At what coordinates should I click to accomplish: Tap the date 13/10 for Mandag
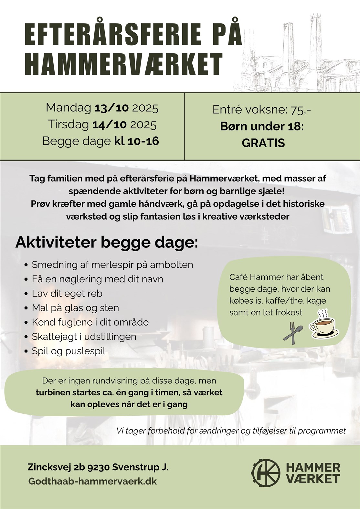pos(111,108)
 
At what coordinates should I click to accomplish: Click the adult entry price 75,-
pos(301,110)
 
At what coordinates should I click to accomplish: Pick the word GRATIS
pos(263,143)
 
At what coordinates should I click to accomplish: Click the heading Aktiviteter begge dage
pos(107,242)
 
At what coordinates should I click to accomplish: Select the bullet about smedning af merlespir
pos(112,265)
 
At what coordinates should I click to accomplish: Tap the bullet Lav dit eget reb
pos(67,294)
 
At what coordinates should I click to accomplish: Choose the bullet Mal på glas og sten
pos(75,308)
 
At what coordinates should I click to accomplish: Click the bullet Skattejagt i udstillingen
pos(84,337)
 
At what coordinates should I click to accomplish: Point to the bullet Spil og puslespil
pos(69,351)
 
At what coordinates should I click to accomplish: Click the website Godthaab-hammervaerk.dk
pos(92,481)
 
